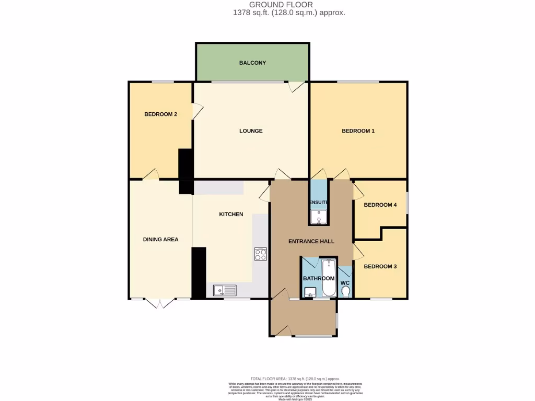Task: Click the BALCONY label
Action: [252, 63]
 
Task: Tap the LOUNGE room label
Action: [251, 131]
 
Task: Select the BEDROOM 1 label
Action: [358, 131]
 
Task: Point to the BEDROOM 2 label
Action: [160, 114]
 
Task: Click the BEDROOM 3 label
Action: [380, 266]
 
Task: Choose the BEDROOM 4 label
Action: [380, 205]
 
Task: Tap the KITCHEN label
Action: [230, 214]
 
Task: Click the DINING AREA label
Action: [160, 240]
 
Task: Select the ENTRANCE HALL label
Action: [311, 241]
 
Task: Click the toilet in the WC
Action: [345, 291]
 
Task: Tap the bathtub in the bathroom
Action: [329, 277]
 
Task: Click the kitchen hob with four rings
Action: [261, 254]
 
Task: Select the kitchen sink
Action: [225, 289]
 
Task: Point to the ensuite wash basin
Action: [318, 217]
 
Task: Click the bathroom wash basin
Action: [309, 292]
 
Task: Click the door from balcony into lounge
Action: [297, 87]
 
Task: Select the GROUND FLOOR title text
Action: [288, 5]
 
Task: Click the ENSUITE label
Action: [319, 202]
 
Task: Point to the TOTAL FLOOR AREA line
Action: [295, 379]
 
